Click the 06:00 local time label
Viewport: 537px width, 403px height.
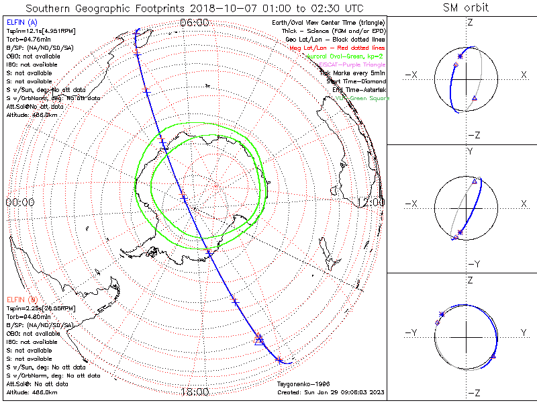(195, 22)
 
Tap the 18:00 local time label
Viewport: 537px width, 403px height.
(195, 392)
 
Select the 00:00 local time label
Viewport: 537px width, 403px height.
(20, 201)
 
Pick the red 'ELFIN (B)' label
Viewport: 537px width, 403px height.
(21, 299)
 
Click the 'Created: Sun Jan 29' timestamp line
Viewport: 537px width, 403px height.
(329, 392)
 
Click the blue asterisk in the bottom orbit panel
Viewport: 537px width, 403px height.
(441, 314)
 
